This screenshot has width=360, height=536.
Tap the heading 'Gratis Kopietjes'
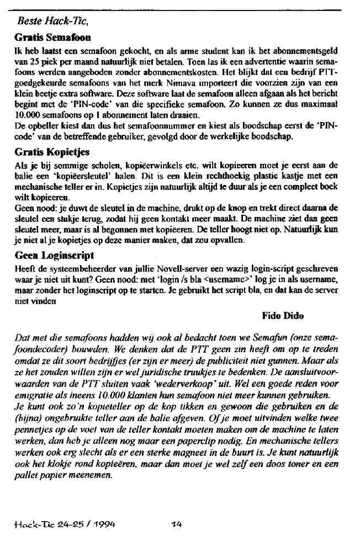coord(50,151)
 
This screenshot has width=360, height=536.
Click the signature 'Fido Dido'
coord(284,316)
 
